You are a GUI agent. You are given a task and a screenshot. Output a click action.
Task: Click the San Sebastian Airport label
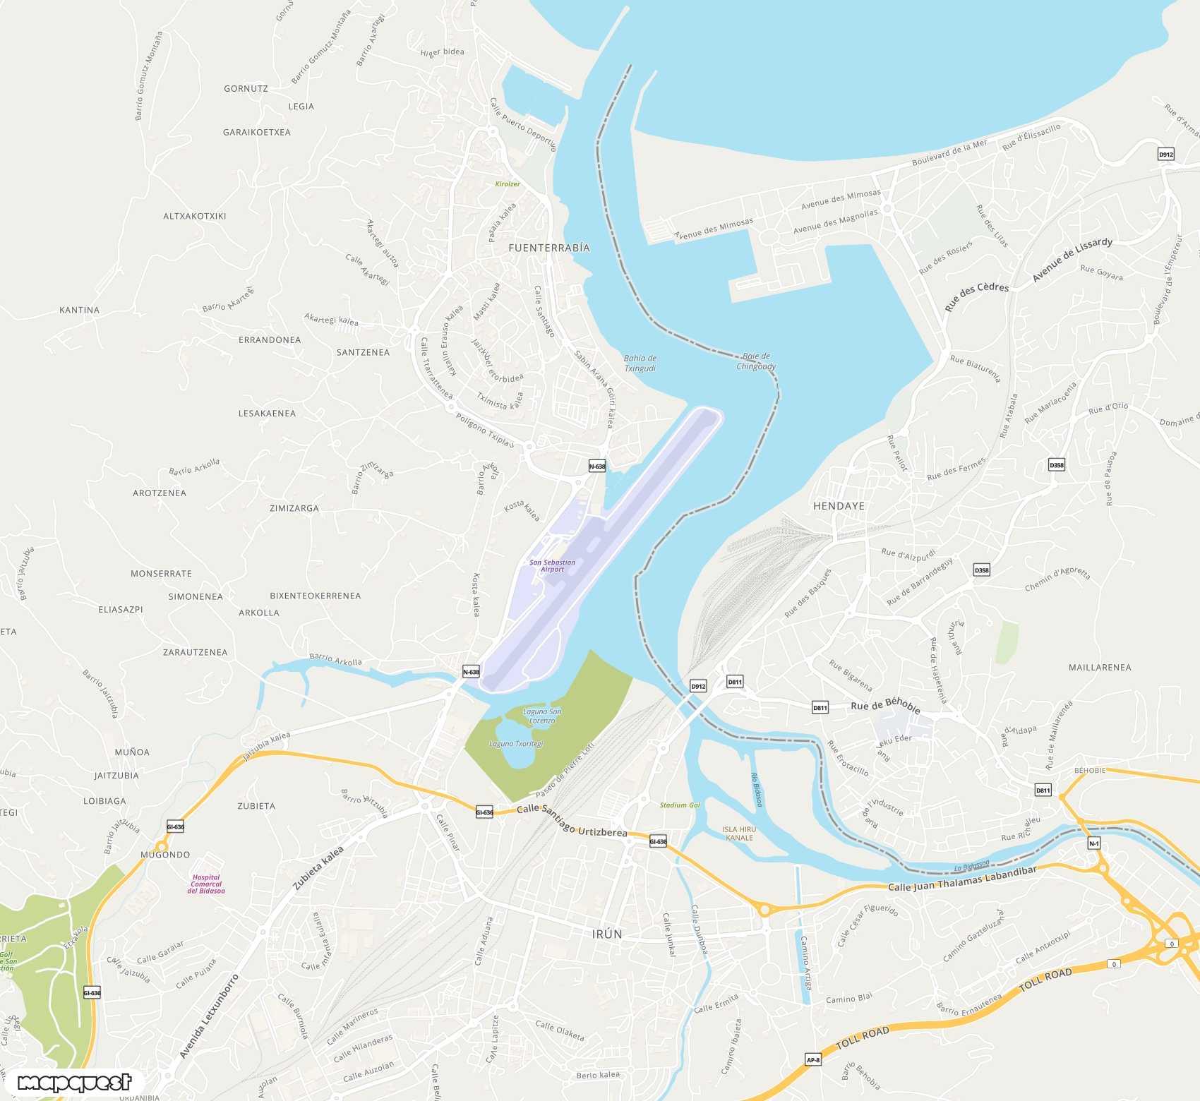tap(552, 566)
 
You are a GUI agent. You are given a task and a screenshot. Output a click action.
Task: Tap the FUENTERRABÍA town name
tap(548, 248)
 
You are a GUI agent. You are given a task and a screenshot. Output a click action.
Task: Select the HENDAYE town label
tap(839, 506)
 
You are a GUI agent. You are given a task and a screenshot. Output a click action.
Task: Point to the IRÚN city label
tap(607, 934)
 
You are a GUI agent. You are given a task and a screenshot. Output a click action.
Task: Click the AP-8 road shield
tap(813, 1059)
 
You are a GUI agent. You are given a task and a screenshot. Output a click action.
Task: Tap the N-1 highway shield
tap(1093, 843)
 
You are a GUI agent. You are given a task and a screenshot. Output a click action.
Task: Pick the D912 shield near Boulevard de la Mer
tap(1165, 154)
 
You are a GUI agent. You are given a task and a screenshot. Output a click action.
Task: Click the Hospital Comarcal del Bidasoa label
tap(206, 884)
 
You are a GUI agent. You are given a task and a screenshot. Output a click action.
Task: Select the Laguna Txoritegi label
tap(516, 744)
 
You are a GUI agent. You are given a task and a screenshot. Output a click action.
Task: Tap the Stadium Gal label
tap(680, 805)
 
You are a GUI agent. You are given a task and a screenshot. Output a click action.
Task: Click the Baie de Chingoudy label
tap(756, 361)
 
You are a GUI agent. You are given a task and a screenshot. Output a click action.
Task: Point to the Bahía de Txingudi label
tap(640, 363)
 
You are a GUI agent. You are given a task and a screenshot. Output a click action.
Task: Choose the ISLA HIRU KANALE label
tap(739, 834)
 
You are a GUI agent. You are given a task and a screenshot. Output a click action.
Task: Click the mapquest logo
tap(74, 1083)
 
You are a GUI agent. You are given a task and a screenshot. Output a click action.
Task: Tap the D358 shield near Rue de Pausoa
tap(1056, 464)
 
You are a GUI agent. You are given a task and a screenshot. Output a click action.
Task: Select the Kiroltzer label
tap(507, 184)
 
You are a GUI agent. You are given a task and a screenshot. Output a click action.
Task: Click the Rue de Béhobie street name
tap(885, 704)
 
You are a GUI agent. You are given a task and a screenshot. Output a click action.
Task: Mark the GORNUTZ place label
tap(246, 89)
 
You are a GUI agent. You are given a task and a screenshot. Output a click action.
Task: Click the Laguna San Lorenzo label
tap(542, 716)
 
